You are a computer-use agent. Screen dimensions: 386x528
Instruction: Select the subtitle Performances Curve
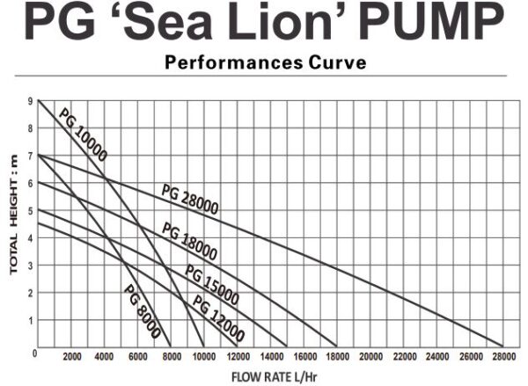[265, 63]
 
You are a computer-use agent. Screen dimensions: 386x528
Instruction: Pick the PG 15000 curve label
[212, 280]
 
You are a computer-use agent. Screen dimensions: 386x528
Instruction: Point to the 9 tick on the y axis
[31, 101]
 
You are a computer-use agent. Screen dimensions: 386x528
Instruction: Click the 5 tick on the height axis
[31, 211]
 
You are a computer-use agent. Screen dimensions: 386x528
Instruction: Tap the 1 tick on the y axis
[31, 321]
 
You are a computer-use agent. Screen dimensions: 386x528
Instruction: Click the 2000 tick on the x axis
[72, 357]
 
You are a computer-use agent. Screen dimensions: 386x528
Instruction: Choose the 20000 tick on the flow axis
[370, 357]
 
